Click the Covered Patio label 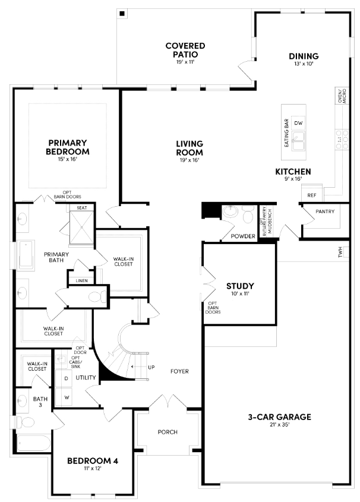click(185, 50)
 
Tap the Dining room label click(304, 56)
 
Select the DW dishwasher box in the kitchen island click(298, 123)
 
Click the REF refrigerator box click(311, 195)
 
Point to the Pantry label click(325, 211)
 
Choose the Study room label click(240, 286)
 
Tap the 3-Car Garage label click(279, 417)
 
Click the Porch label click(168, 432)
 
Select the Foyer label click(179, 371)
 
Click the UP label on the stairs click(151, 368)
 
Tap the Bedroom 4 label click(89, 461)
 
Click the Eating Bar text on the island click(286, 132)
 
